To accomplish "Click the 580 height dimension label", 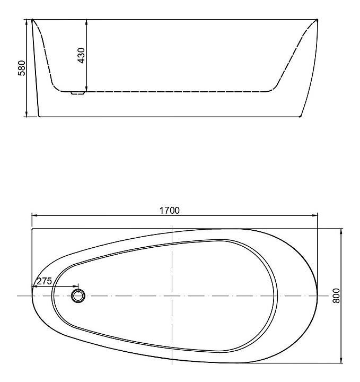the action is (x=22, y=68).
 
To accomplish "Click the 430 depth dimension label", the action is (x=82, y=56).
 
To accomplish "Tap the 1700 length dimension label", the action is (x=170, y=210).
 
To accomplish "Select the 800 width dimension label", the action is (x=336, y=296).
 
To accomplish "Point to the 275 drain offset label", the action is (x=45, y=281).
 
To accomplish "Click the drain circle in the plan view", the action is (x=78, y=296).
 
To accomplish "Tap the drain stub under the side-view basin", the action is (x=78, y=93).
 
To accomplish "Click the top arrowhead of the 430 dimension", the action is (x=86, y=22).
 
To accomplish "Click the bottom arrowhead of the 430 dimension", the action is (x=86, y=89).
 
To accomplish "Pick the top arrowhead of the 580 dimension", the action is (x=27, y=22).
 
